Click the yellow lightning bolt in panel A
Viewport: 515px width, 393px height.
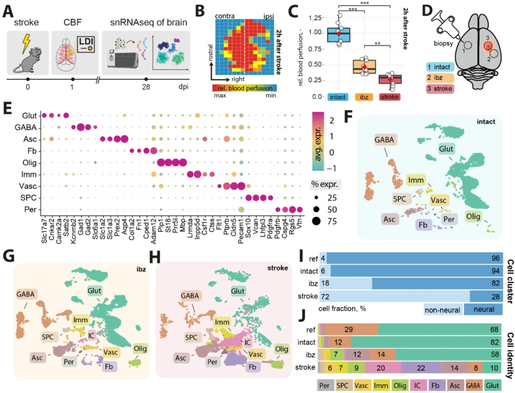click(x=26, y=43)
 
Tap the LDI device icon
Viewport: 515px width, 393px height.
click(x=86, y=44)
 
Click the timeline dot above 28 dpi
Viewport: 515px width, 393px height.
click(x=146, y=79)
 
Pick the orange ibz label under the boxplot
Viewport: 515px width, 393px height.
click(x=364, y=97)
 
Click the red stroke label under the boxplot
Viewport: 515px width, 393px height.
click(x=389, y=97)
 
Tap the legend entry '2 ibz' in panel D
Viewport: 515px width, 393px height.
click(x=440, y=78)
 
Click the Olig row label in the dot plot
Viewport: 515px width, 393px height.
click(x=29, y=163)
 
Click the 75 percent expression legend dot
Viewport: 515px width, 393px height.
click(x=317, y=221)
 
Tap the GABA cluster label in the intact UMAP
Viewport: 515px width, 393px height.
click(x=384, y=140)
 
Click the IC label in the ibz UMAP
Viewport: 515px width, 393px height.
click(x=91, y=335)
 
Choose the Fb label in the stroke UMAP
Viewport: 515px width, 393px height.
click(x=252, y=367)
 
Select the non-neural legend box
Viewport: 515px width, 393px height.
click(x=442, y=310)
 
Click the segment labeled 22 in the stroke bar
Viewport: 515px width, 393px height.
click(x=421, y=368)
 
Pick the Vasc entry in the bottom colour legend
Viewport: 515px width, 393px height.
click(x=361, y=385)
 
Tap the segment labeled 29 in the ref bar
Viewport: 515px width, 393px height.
click(x=348, y=329)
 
